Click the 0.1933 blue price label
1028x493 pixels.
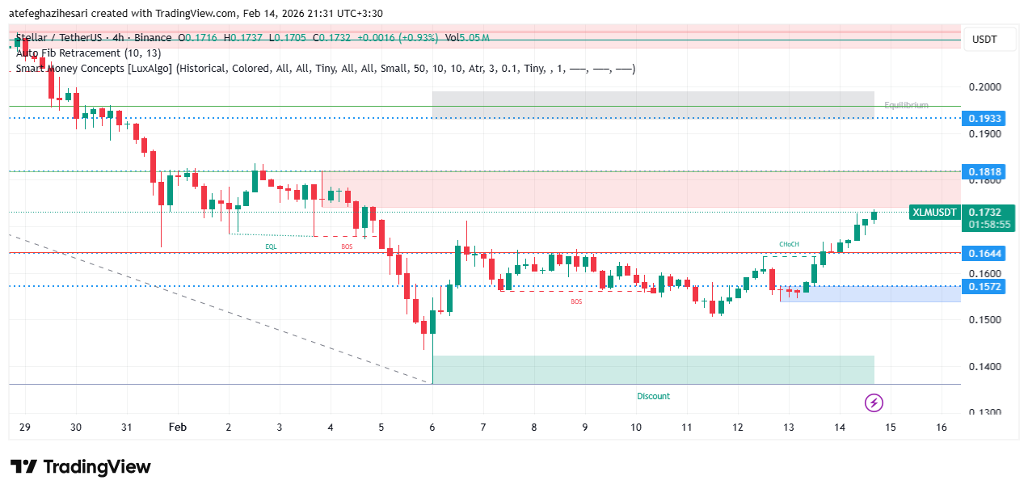[984, 119]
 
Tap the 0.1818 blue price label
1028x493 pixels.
[984, 171]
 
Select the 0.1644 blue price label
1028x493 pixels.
[984, 254]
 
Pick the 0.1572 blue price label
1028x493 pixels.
[984, 287]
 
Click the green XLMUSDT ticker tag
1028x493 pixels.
[934, 213]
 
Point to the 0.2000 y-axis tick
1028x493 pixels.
[984, 87]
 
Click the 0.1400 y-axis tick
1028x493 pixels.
[984, 367]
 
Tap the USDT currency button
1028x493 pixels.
[984, 40]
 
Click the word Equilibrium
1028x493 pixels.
[906, 105]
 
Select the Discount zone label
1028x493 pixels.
[653, 396]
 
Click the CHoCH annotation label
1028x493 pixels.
[789, 244]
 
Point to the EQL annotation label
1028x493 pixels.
[270, 245]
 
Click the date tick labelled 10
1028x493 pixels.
[636, 428]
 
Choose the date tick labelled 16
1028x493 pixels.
[942, 428]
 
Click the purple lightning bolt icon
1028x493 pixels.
[873, 402]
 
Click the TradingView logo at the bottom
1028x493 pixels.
[81, 467]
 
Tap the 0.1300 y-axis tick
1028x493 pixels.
[984, 413]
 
